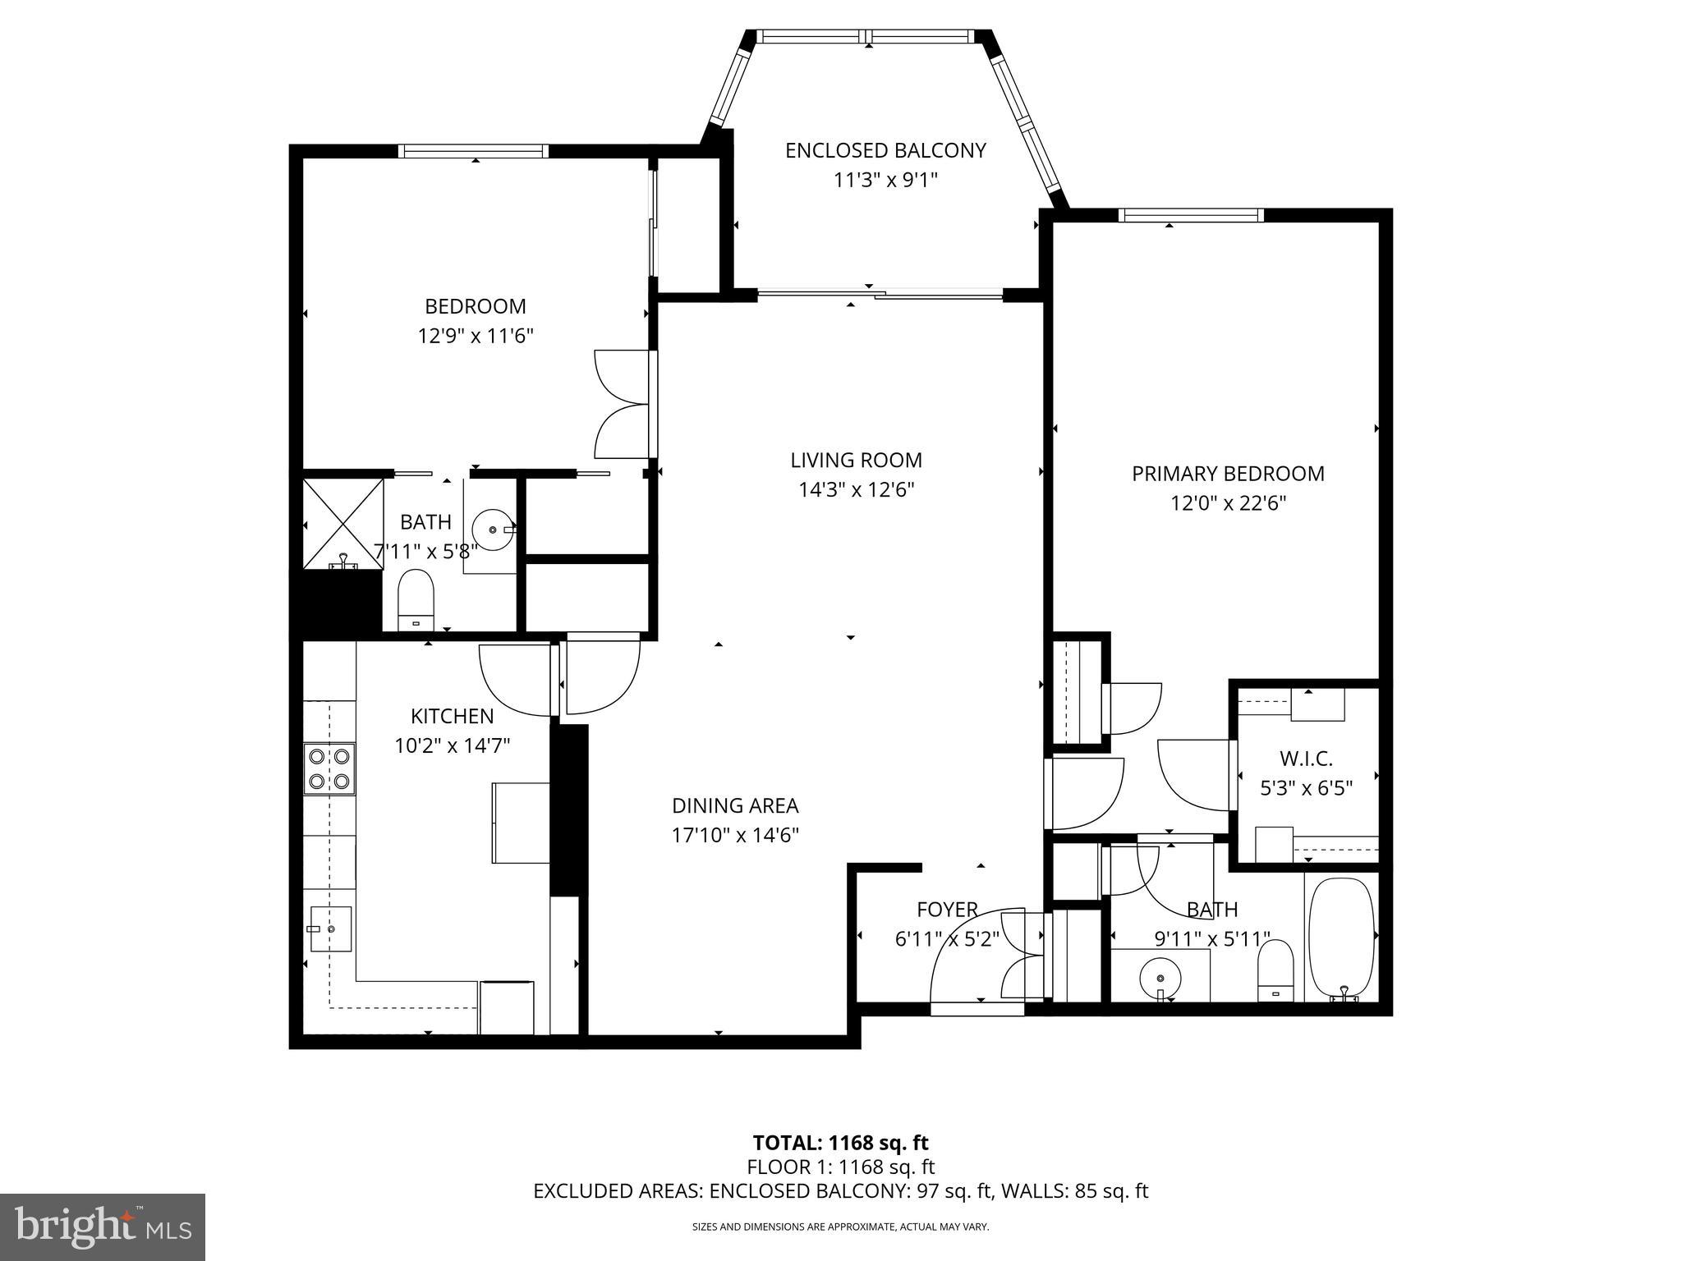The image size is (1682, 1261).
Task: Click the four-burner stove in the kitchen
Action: tap(329, 768)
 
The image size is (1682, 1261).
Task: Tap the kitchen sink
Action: tap(331, 929)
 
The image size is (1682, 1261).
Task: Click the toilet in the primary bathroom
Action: tap(1275, 969)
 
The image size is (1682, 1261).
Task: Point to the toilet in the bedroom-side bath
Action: tap(416, 598)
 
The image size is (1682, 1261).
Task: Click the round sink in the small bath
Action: tap(493, 530)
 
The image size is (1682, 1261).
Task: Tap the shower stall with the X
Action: tap(343, 524)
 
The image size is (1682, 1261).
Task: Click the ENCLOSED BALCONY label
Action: tap(885, 151)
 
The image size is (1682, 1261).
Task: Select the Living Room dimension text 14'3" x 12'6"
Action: tap(857, 490)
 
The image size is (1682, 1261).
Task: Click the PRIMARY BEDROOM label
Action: tap(1228, 474)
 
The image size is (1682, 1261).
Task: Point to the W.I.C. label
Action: tap(1306, 759)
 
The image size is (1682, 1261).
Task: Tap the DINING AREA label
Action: tap(735, 805)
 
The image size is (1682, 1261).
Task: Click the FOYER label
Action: tap(947, 910)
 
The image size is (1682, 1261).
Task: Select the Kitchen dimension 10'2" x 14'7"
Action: tap(453, 745)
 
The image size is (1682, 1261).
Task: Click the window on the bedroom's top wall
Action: tap(474, 151)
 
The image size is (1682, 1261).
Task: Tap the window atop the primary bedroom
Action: tap(1190, 215)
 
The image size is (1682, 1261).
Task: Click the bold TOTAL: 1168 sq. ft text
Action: tap(840, 1143)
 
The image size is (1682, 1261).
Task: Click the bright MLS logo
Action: tap(103, 1227)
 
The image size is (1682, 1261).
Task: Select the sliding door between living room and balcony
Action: tap(880, 293)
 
